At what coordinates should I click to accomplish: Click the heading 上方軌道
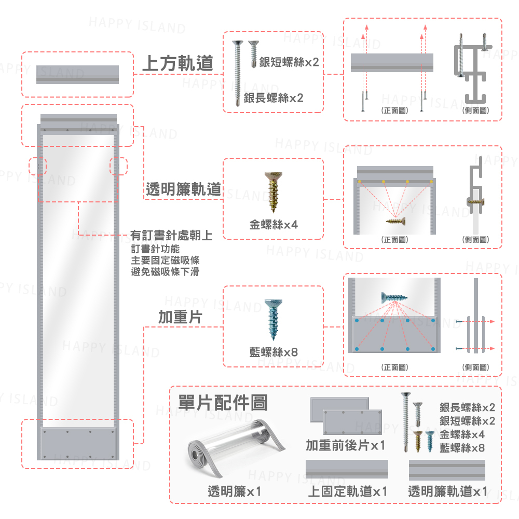pos(177,63)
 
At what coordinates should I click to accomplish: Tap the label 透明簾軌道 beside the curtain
pos(183,190)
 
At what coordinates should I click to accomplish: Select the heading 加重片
pos(180,317)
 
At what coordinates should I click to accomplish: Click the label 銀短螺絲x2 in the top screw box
pos(289,63)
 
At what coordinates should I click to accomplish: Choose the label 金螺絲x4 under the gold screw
pos(274,225)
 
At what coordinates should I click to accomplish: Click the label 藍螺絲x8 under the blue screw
pos(274,352)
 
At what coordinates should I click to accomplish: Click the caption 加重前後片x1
pos(345,445)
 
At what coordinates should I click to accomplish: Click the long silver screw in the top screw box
pos(238,73)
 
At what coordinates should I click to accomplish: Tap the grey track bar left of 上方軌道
pos(77,74)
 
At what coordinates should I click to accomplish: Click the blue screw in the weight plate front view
pos(394,298)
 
